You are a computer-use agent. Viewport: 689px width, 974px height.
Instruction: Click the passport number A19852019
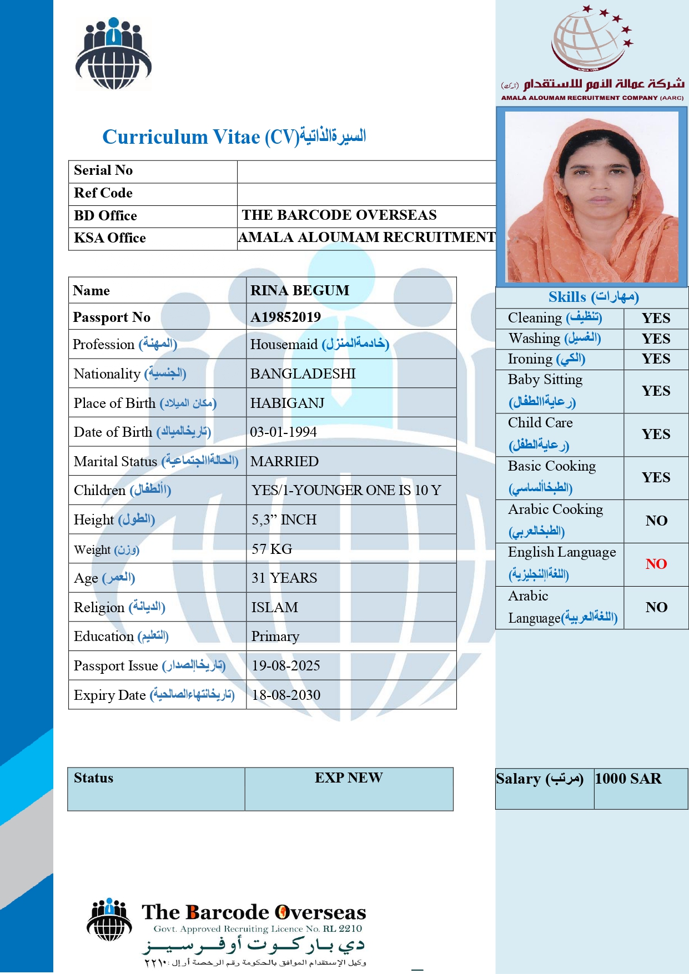(285, 317)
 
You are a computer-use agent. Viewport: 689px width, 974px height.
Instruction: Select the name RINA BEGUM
(300, 290)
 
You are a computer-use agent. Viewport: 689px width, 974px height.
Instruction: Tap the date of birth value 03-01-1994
(283, 432)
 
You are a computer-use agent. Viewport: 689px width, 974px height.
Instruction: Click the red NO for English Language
(656, 564)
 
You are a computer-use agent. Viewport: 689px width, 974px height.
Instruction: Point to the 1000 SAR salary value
(628, 779)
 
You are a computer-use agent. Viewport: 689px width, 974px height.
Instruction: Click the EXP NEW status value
(349, 778)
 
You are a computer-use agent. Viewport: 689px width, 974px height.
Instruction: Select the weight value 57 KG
(271, 549)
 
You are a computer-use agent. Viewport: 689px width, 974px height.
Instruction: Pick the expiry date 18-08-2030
(286, 695)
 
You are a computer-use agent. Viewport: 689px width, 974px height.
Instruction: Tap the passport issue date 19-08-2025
(286, 665)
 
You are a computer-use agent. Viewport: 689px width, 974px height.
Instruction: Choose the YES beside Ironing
(656, 359)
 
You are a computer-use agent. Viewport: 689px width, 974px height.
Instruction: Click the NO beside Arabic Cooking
(656, 521)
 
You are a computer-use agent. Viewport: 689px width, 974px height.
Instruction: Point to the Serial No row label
(103, 170)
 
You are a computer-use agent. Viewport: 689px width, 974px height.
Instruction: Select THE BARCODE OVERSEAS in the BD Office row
(339, 215)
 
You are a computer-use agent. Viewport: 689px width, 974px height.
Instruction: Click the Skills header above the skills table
(593, 297)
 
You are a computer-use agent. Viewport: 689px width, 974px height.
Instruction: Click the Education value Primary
(275, 636)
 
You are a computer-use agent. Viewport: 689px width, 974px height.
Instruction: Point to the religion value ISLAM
(274, 607)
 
